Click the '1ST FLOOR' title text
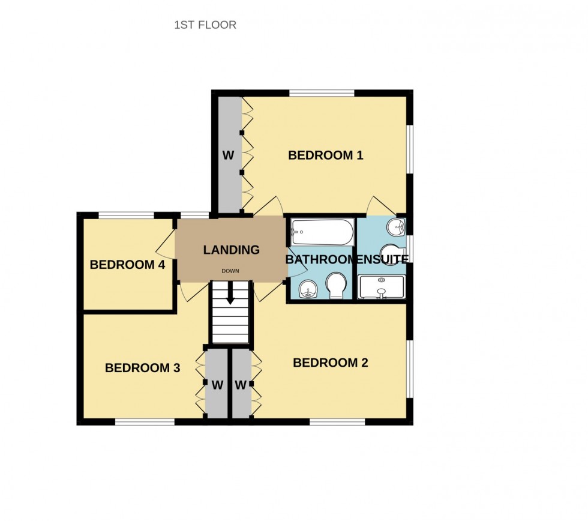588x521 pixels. pos(205,25)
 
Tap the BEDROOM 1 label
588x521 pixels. pos(326,155)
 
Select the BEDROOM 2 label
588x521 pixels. pos(330,363)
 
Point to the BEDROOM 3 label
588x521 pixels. pos(142,368)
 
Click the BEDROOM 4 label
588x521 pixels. pos(127,265)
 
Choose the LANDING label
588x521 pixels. pos(231,250)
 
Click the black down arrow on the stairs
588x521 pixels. pos(230,295)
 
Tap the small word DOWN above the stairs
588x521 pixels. pos(230,271)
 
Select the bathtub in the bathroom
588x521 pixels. pos(322,232)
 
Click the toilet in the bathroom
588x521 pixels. pos(336,285)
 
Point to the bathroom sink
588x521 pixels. pos(308,289)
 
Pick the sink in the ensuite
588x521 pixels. pos(396,227)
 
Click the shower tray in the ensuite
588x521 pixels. pos(382,288)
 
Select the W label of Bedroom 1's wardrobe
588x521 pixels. pos(228,155)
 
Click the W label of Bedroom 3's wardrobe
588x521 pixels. pos(217,385)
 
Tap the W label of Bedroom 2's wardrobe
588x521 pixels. pos(241,385)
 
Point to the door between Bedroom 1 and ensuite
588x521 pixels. pos(380,206)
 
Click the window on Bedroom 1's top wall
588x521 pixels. pos(322,93)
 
